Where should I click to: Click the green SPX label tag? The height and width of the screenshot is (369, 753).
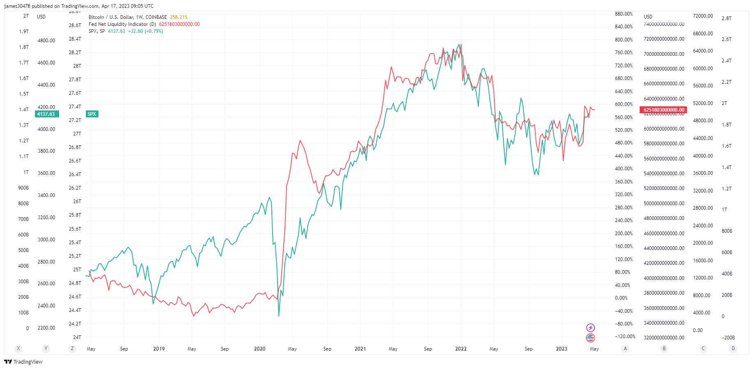tap(92, 114)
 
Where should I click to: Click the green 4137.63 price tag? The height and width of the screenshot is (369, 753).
tap(46, 114)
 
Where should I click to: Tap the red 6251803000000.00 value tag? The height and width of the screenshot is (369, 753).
tap(663, 110)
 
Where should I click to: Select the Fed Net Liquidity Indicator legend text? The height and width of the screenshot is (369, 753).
tap(122, 24)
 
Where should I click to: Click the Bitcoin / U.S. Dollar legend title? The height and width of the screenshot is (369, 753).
tap(128, 17)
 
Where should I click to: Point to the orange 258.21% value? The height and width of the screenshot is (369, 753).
tap(179, 17)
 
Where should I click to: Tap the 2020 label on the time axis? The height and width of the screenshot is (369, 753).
tap(259, 349)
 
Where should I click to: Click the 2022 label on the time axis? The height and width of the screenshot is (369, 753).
tap(461, 349)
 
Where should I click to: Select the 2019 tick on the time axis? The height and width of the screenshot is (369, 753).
tap(159, 349)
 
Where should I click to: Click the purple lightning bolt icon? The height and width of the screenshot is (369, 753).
tap(590, 328)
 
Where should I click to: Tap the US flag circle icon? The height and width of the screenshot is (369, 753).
tap(590, 338)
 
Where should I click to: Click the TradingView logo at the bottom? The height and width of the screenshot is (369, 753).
tap(23, 362)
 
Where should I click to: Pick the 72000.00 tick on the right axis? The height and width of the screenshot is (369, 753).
tap(702, 16)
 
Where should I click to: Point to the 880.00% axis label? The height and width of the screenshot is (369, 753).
tap(624, 14)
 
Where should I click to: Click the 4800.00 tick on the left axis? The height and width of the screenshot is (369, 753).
tap(46, 41)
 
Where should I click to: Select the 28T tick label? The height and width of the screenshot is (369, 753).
tap(77, 66)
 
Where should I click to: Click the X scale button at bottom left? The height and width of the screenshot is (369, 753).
tap(18, 348)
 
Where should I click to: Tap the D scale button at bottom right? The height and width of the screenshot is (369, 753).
tap(733, 348)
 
